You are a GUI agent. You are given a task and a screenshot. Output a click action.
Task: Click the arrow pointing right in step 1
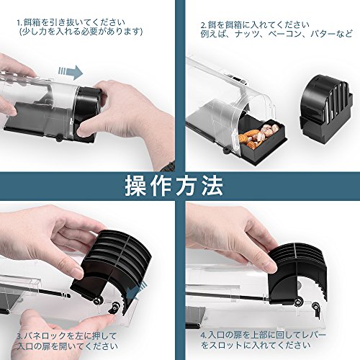tap(71, 72)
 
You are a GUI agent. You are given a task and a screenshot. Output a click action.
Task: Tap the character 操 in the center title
tap(135, 186)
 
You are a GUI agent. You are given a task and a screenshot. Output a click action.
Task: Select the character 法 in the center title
tap(212, 186)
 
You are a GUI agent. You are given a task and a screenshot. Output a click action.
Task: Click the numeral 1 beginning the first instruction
tap(19, 23)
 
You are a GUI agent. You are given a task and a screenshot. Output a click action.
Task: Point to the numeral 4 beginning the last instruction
tap(204, 335)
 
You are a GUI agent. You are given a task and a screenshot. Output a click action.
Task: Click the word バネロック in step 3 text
tap(45, 336)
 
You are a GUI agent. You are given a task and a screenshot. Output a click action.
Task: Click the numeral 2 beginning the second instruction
tap(204, 25)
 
